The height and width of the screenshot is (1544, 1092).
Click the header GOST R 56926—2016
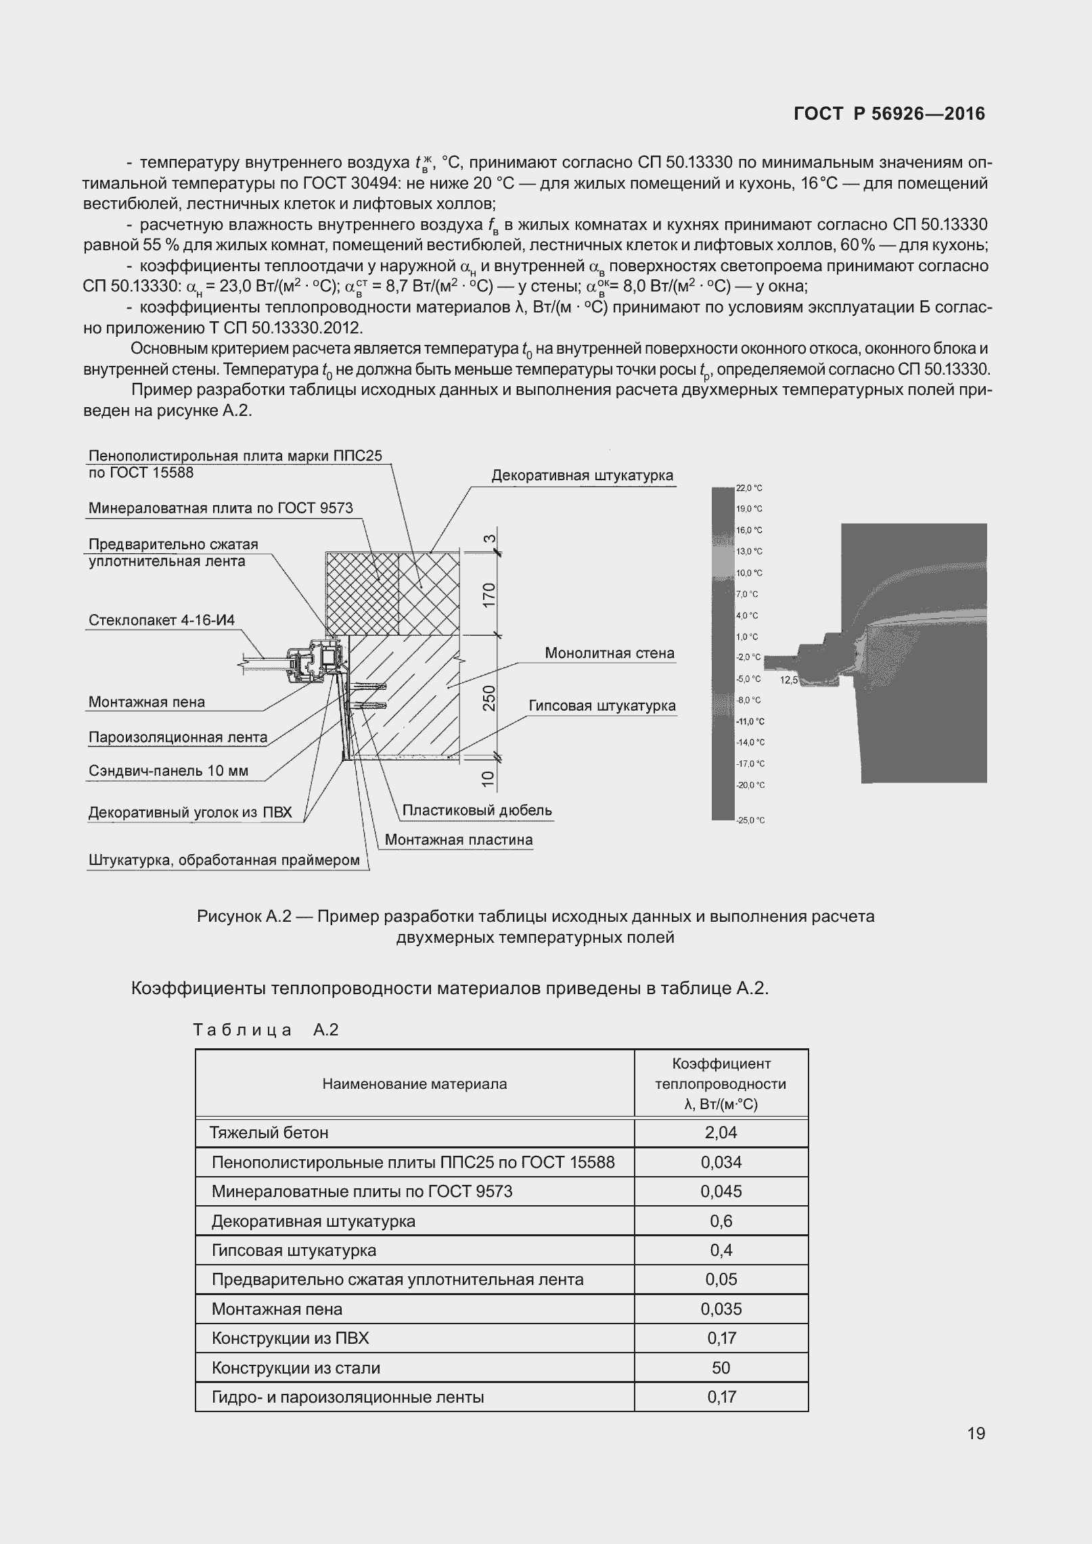[x=889, y=114]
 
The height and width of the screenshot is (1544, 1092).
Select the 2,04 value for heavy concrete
[x=721, y=1132]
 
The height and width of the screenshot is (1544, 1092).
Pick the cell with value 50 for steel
[x=721, y=1367]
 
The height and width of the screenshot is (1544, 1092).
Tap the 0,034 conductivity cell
[x=721, y=1162]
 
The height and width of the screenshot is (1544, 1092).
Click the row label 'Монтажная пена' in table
[x=277, y=1309]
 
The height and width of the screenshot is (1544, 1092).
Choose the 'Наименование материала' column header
[x=414, y=1084]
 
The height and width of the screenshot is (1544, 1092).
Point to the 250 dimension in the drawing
[x=489, y=697]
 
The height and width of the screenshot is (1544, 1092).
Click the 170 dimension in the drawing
[x=489, y=594]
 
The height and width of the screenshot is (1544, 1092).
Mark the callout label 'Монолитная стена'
[x=610, y=653]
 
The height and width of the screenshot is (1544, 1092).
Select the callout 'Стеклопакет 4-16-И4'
[x=162, y=620]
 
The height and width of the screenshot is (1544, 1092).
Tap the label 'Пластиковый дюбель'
[x=477, y=810]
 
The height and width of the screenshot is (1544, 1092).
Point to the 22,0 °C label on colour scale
[x=749, y=488]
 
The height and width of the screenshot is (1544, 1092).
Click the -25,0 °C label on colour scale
[x=750, y=820]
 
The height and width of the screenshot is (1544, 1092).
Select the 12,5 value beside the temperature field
[x=789, y=680]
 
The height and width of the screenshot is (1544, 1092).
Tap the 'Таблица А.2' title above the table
[x=265, y=1030]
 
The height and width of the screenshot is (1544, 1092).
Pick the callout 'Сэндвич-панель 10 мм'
[x=168, y=771]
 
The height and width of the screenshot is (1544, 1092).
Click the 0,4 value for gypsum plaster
[x=721, y=1250]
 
